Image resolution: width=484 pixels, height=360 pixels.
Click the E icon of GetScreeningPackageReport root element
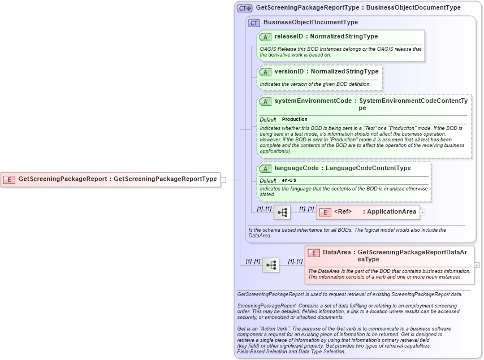9,179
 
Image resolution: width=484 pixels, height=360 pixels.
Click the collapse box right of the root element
223,179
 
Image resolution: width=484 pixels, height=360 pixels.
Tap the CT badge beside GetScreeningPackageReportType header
244,8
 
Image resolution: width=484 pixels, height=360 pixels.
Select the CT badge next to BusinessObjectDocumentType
254,23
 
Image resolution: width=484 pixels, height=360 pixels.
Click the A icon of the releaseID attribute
265,37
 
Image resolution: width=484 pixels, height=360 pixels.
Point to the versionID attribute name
289,72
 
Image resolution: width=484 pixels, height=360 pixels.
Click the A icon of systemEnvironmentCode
265,101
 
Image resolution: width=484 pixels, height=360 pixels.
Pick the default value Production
295,119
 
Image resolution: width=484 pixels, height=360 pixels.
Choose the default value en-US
289,180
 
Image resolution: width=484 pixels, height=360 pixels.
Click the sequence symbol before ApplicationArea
282,212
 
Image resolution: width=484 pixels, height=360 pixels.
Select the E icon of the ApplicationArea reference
325,212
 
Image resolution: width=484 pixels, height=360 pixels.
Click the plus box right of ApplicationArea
422,212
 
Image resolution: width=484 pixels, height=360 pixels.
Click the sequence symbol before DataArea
271,264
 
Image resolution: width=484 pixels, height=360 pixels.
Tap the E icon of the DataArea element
314,253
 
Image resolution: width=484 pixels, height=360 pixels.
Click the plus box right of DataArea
477,264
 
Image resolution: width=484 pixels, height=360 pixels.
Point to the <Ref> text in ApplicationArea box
343,212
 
